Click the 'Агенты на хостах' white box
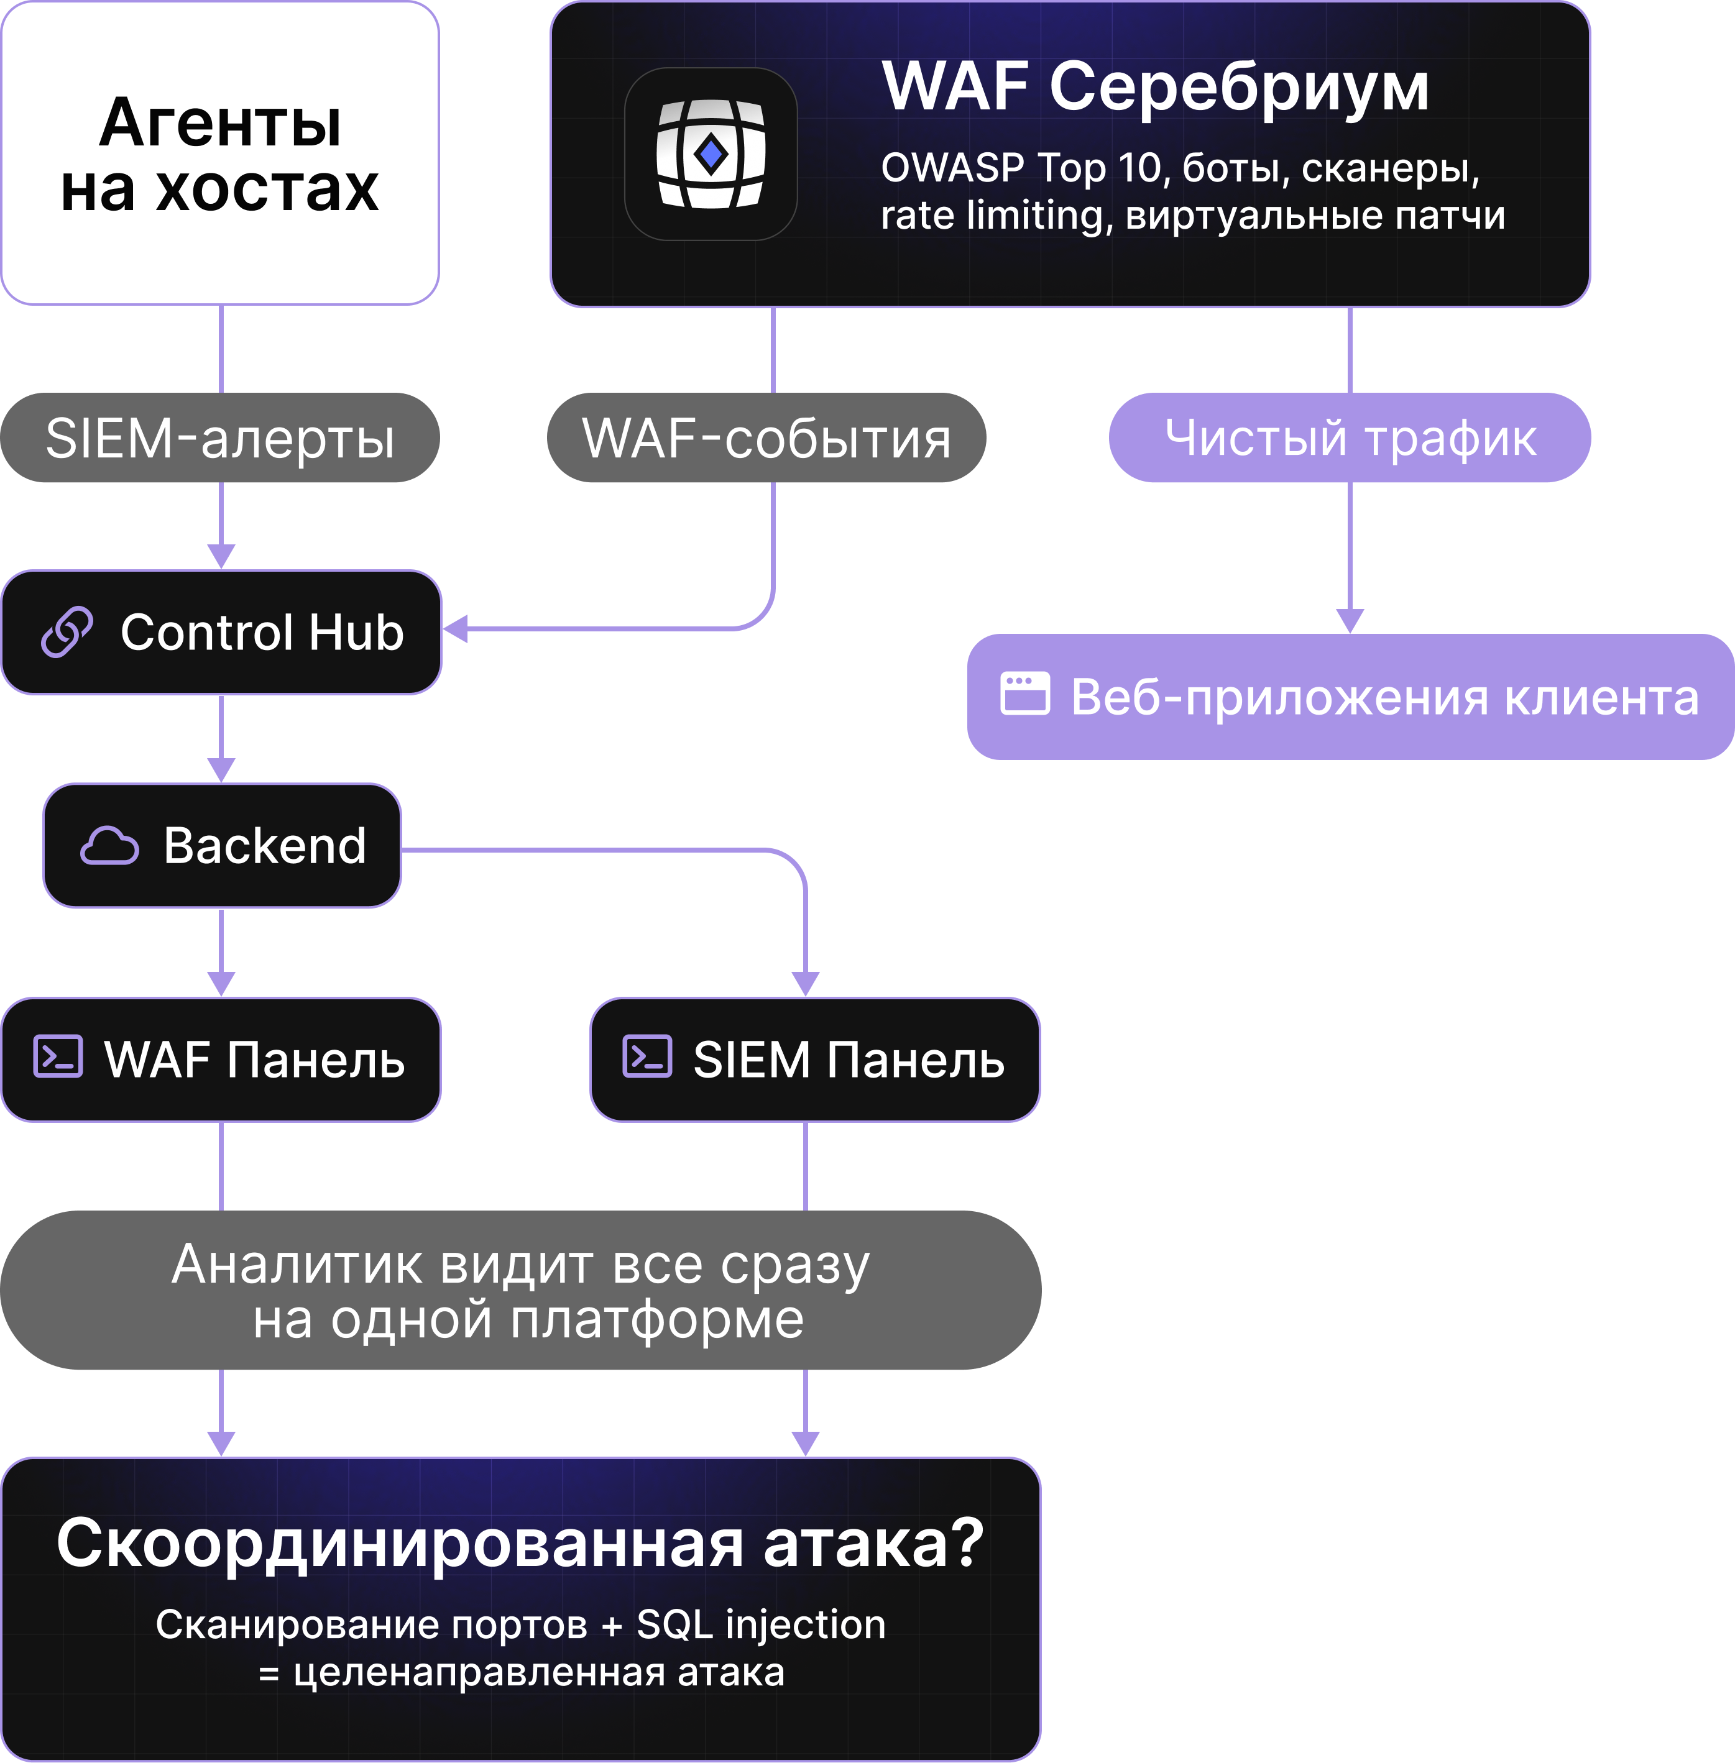(x=219, y=153)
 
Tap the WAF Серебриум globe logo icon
(x=711, y=154)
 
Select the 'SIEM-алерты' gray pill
(x=219, y=438)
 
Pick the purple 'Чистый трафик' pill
(x=1350, y=438)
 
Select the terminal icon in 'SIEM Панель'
(x=647, y=1057)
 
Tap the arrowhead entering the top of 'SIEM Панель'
(x=806, y=984)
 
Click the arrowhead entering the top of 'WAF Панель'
(x=221, y=984)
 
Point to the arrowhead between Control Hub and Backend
(x=221, y=770)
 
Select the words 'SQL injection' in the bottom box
(x=761, y=1624)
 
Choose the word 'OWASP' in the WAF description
(x=952, y=168)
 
